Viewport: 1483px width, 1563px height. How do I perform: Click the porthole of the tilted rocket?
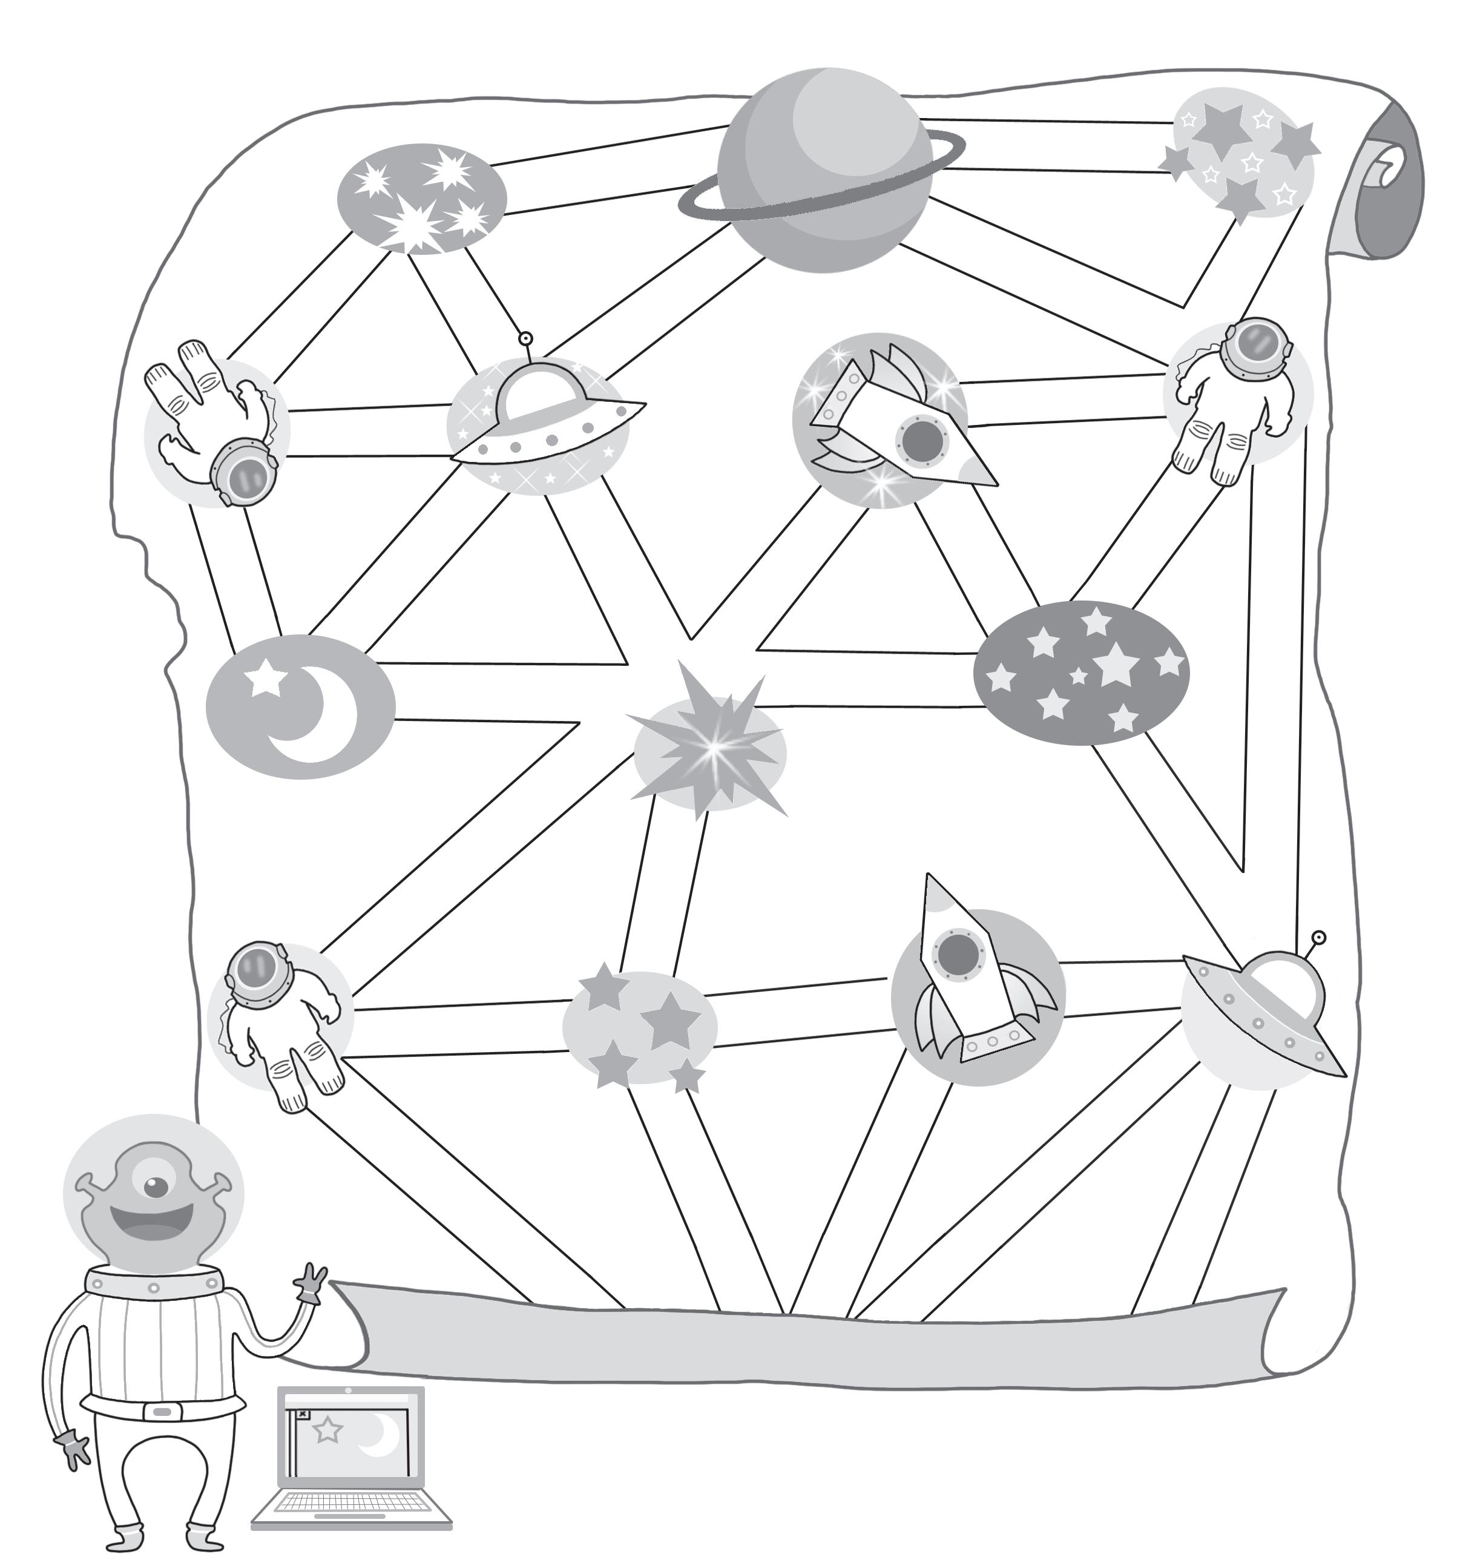click(920, 440)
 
